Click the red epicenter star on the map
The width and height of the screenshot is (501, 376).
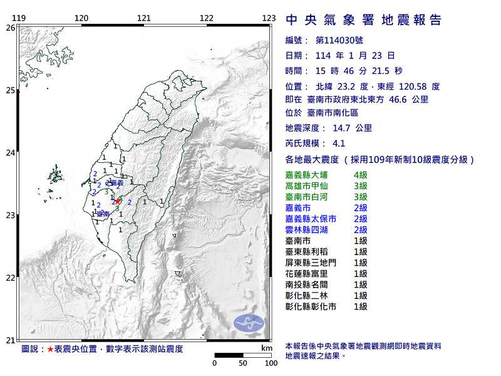(117, 201)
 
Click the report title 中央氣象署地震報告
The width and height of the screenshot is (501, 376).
(363, 20)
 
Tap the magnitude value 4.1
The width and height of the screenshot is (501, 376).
(339, 143)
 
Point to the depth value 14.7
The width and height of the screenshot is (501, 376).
(343, 128)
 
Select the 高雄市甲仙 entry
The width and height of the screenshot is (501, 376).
(306, 185)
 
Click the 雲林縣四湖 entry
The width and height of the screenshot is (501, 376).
(306, 229)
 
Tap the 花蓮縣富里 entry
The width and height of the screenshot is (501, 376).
(306, 273)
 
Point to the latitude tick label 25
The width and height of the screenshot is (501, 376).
(10, 90)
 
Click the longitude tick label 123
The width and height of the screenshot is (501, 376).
(269, 18)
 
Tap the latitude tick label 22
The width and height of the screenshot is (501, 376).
(10, 278)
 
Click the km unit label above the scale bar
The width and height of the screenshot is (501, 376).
(266, 348)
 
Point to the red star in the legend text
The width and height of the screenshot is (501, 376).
(51, 348)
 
